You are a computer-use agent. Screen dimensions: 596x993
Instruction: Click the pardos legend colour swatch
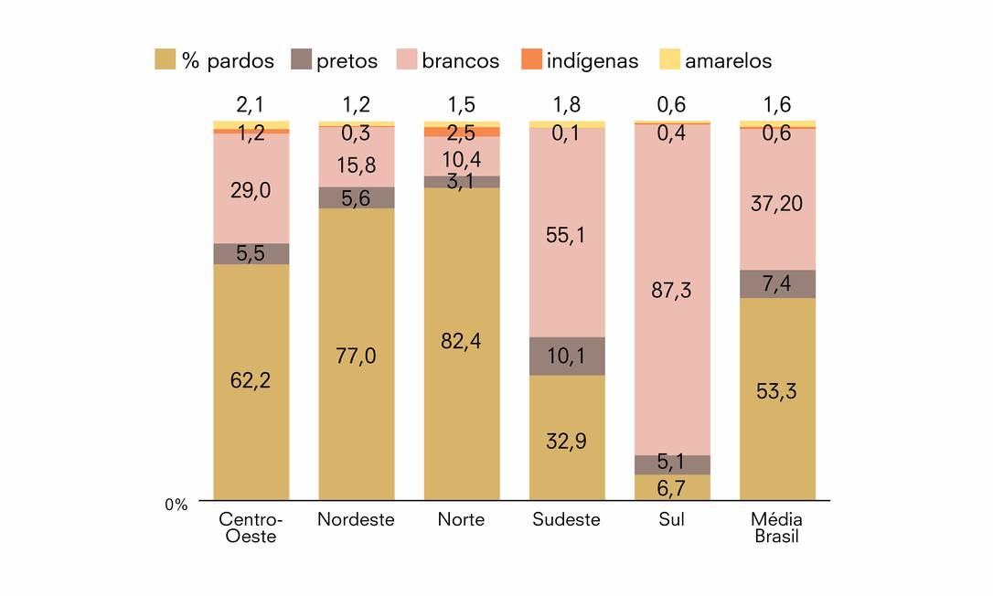165,60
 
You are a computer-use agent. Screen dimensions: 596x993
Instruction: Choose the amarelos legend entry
715,61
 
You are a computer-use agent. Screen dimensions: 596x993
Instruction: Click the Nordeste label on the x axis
356,520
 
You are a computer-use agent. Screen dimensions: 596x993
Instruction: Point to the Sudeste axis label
566,520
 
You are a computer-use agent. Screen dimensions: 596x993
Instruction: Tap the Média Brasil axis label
776,527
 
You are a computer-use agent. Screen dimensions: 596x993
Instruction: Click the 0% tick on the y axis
176,505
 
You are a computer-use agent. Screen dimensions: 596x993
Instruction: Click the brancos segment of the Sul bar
672,366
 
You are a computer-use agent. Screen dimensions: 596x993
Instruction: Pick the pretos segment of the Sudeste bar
567,356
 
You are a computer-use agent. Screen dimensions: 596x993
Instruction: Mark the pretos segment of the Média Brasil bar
777,283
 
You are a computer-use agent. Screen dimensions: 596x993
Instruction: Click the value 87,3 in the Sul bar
672,291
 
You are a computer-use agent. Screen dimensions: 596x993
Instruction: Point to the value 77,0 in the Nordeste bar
356,357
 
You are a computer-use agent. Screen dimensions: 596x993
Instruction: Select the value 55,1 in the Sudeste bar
567,235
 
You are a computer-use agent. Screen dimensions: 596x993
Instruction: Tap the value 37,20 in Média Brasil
777,203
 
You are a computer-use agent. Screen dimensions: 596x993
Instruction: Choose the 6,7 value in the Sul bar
672,489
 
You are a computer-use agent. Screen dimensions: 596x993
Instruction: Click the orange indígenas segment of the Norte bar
461,132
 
